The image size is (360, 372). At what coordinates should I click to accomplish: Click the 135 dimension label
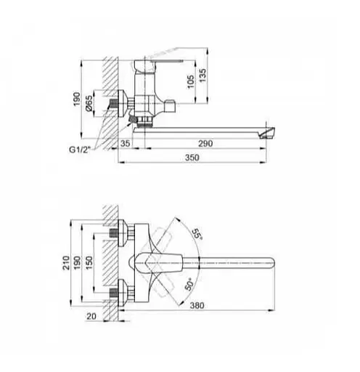(202, 76)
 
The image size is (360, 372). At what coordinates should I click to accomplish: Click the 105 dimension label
(191, 81)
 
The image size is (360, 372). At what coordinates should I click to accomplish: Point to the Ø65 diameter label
(89, 103)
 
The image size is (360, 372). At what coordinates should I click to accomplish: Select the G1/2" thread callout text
(79, 150)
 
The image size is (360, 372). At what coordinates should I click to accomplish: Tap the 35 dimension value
(125, 143)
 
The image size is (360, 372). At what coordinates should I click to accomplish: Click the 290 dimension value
(205, 143)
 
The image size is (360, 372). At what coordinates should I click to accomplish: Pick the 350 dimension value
(192, 158)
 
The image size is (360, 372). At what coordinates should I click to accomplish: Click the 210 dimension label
(66, 263)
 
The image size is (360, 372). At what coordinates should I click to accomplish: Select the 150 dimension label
(89, 263)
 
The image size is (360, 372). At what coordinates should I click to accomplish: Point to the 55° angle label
(197, 234)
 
